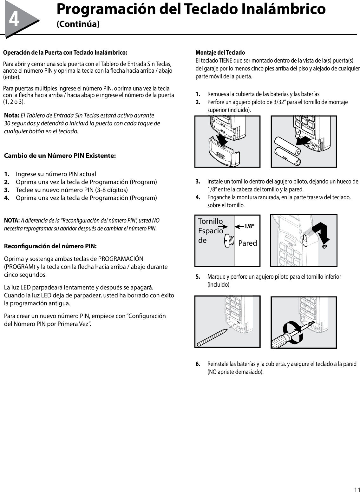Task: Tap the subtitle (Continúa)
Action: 78,24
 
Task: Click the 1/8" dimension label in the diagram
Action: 249,226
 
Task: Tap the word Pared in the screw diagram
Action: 247,243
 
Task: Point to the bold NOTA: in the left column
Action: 12,221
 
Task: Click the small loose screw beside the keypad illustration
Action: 325,246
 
